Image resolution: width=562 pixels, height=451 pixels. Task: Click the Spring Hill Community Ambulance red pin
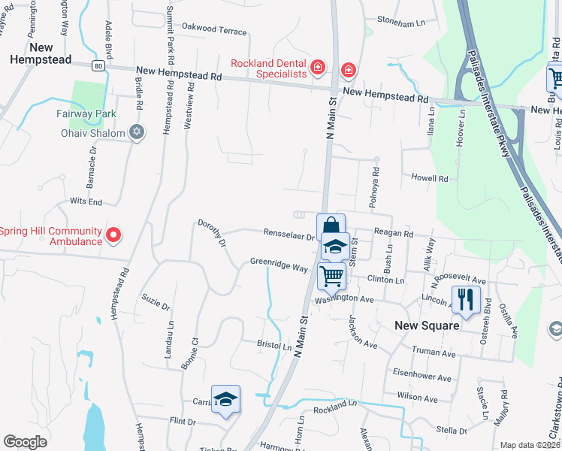click(x=113, y=236)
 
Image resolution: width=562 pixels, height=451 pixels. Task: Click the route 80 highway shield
click(x=98, y=66)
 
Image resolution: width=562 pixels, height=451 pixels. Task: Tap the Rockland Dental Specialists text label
click(x=269, y=68)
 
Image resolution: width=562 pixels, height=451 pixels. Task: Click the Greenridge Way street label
click(x=279, y=266)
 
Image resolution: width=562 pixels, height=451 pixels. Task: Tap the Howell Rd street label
click(x=429, y=179)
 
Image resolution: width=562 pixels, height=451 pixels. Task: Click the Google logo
click(x=25, y=442)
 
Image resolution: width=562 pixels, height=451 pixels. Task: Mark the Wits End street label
click(x=86, y=202)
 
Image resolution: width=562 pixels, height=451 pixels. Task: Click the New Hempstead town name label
click(x=41, y=53)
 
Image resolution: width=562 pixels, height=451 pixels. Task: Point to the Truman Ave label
click(x=434, y=352)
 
